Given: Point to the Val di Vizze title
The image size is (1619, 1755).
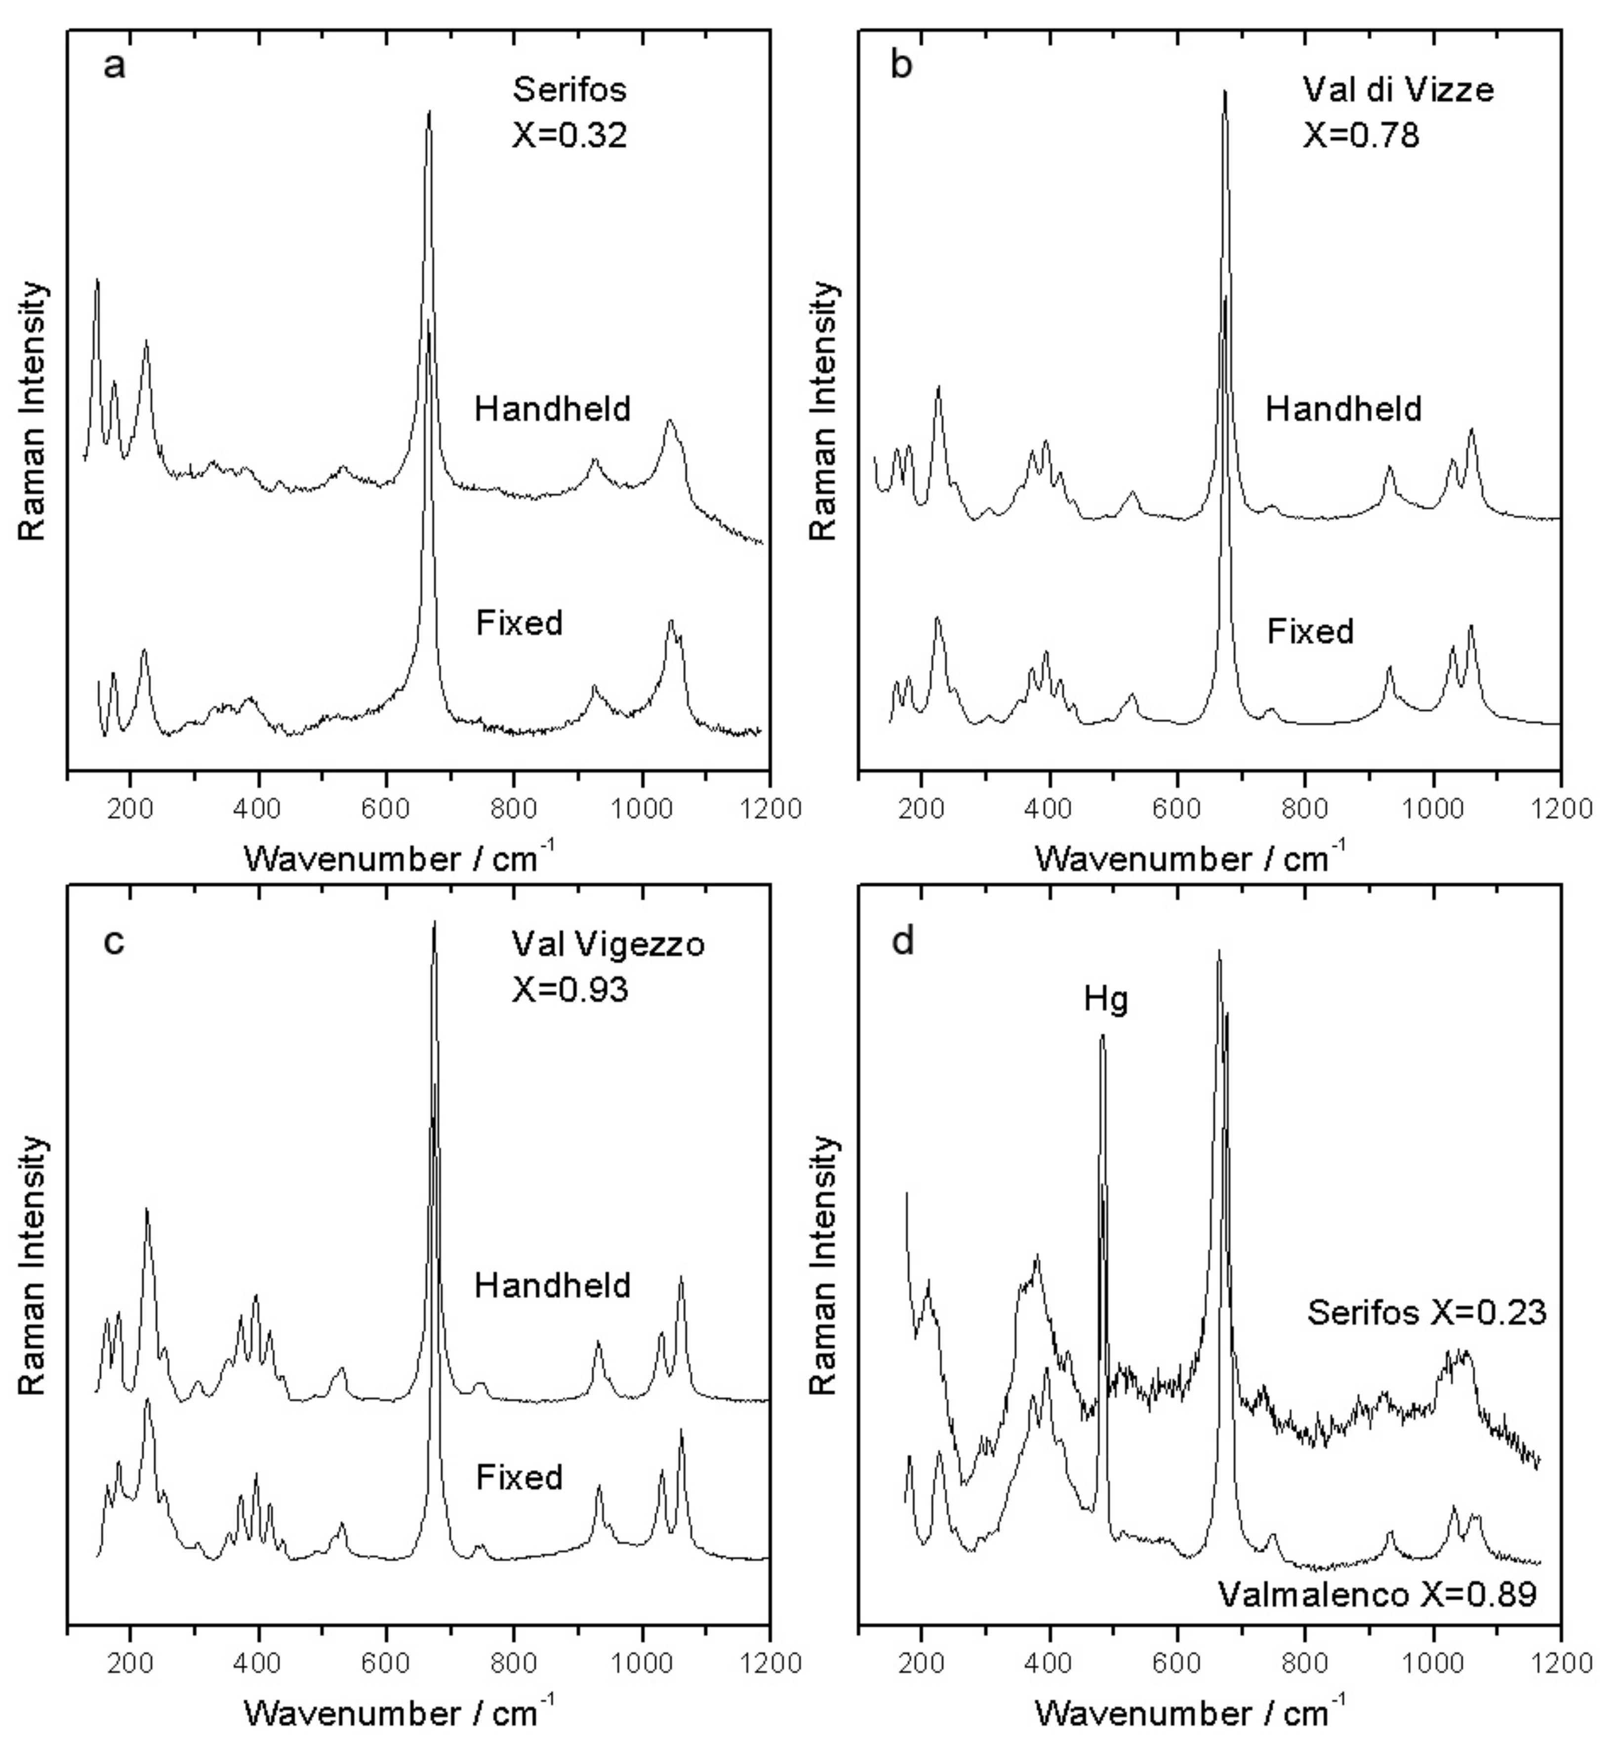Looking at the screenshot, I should (x=1398, y=89).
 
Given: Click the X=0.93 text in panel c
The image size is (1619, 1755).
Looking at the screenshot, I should (x=570, y=990).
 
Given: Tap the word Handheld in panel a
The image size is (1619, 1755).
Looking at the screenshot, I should (x=553, y=409).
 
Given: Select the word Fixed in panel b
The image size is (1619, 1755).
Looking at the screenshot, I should (x=1311, y=631).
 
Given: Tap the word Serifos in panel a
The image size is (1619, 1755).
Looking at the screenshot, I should (x=570, y=89).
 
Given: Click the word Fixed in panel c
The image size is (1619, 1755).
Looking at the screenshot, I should (x=520, y=1477).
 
